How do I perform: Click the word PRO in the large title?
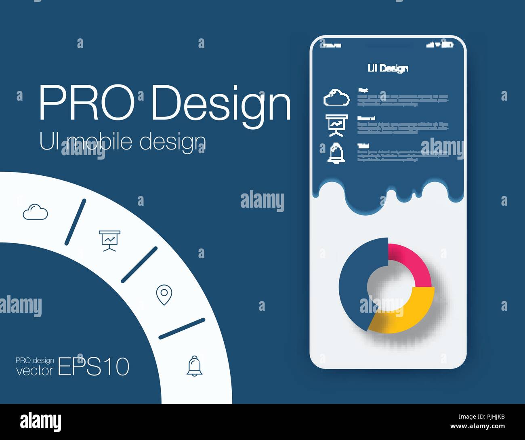click(86, 103)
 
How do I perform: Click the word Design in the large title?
click(221, 104)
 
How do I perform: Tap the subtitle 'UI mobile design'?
click(122, 142)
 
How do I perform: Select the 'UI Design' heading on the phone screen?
click(388, 68)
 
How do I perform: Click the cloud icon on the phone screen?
click(336, 98)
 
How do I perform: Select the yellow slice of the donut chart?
click(404, 313)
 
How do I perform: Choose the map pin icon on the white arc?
click(164, 295)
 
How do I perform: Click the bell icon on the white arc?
click(195, 366)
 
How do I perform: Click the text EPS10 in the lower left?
click(94, 367)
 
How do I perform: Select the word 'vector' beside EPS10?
click(35, 371)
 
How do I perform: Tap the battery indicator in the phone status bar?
click(447, 45)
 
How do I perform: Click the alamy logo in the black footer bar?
click(41, 422)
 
